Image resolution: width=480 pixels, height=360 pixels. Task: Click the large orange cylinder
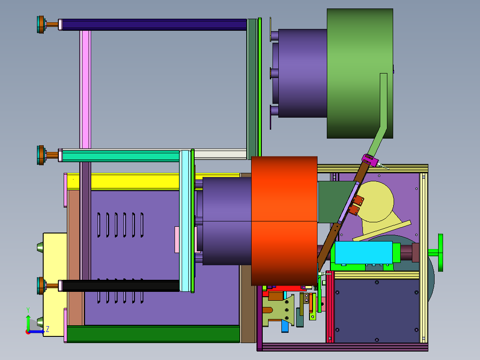pyautogui.click(x=284, y=221)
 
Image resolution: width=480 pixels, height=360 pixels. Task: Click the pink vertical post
pyautogui.click(x=85, y=90)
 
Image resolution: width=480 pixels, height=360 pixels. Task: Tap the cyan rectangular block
pyautogui.click(x=364, y=253)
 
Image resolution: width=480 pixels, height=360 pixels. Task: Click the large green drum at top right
pyautogui.click(x=360, y=74)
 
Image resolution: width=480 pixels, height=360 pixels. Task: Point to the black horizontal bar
pyautogui.click(x=121, y=286)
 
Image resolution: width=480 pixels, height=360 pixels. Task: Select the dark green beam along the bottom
pyautogui.click(x=153, y=334)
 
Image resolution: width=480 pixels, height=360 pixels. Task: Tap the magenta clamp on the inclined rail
pyautogui.click(x=370, y=160)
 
